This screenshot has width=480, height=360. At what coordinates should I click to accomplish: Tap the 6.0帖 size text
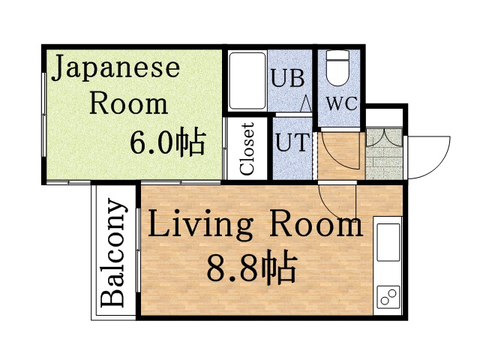coord(167,142)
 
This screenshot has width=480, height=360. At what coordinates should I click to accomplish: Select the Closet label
coord(247,148)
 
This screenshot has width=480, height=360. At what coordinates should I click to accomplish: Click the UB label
coord(287,78)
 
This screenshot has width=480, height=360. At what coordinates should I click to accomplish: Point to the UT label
coord(292,142)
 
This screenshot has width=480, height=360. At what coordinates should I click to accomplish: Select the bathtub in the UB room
coord(247,80)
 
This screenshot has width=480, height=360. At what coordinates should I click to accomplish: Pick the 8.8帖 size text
coord(250,266)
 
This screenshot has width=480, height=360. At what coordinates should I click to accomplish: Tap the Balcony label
coord(113,253)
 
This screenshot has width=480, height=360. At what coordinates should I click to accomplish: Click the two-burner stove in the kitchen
coord(388,297)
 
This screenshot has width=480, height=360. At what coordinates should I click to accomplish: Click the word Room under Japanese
coord(129,103)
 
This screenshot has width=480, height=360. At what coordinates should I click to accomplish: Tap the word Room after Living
coord(316,226)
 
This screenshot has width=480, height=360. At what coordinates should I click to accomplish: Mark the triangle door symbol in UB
coord(306,103)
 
